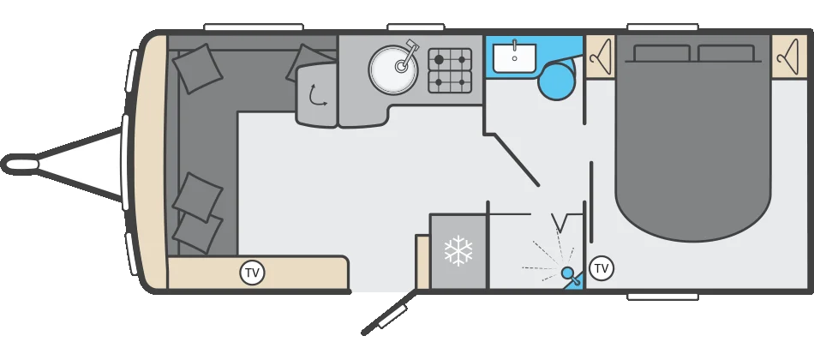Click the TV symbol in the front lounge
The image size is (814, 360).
(252, 273)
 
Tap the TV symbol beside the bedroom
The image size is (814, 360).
(602, 268)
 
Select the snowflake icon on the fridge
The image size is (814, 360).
(458, 251)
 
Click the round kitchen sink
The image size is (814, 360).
(393, 69)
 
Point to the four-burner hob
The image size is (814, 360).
(450, 70)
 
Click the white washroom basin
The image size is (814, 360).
(514, 58)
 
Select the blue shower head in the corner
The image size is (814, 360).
(570, 274)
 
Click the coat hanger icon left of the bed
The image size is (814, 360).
(600, 57)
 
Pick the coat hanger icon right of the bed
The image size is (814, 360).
(788, 57)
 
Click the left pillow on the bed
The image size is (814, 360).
(661, 53)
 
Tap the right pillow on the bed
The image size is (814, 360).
(726, 53)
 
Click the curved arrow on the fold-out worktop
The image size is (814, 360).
(317, 96)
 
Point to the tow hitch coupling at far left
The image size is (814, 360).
(20, 165)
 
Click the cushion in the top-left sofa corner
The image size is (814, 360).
(198, 69)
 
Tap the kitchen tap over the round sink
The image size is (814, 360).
(408, 55)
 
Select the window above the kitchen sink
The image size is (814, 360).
(416, 27)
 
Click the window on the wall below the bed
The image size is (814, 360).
(662, 297)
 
